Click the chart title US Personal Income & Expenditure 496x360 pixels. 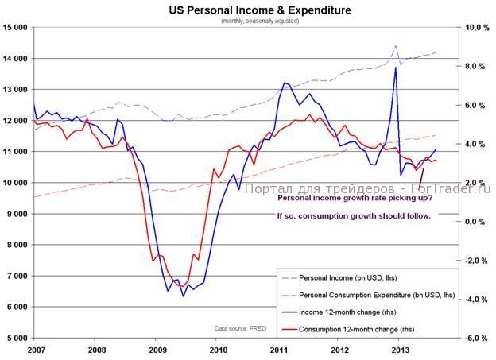(249, 10)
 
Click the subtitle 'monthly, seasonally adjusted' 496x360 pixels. (249, 21)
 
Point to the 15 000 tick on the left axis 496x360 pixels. (15, 28)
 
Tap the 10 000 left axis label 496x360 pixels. (15, 183)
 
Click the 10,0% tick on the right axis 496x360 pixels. (475, 28)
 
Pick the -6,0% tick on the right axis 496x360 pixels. (475, 338)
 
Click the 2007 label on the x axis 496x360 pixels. (35, 349)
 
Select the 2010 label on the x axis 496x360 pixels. (218, 349)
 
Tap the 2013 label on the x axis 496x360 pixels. (401, 349)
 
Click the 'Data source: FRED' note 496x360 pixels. (239, 328)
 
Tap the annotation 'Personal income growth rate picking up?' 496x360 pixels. (351, 202)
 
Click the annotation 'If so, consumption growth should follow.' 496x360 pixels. (354, 216)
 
